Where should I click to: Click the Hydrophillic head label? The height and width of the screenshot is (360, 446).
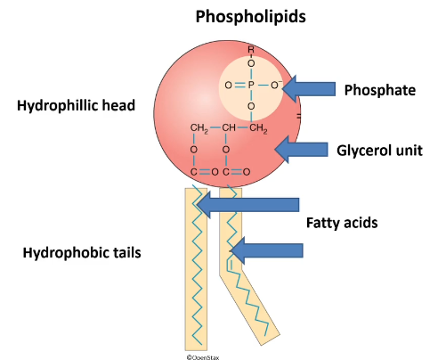point(75,106)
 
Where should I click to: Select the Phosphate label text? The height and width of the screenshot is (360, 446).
point(380,89)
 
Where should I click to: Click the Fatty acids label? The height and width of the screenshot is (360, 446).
point(341,223)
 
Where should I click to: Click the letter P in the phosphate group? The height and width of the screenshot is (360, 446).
point(252,86)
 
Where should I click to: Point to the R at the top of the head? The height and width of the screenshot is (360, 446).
point(252,51)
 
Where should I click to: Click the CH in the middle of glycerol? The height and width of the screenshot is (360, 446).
point(230,129)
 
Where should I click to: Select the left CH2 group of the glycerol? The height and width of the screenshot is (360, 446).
point(199,129)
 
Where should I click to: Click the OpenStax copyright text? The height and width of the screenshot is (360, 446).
point(204,355)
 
